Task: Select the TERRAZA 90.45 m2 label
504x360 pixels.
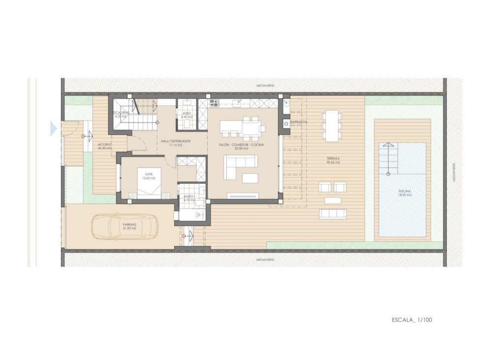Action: tap(333, 160)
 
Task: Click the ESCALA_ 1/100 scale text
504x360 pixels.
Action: tap(412, 320)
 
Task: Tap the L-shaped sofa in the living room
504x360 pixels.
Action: tap(240, 167)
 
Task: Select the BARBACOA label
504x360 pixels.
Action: tap(299, 121)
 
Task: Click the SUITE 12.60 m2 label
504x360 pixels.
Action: tap(147, 176)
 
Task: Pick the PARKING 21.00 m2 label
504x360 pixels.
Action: tap(130, 226)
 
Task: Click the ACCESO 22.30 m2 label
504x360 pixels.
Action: tap(104, 146)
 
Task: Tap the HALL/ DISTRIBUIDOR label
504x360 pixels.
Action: tap(176, 143)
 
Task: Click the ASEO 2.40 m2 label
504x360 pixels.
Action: tap(187, 115)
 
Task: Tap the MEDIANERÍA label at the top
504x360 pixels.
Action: tap(265, 85)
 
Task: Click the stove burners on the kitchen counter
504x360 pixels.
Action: tap(214, 103)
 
